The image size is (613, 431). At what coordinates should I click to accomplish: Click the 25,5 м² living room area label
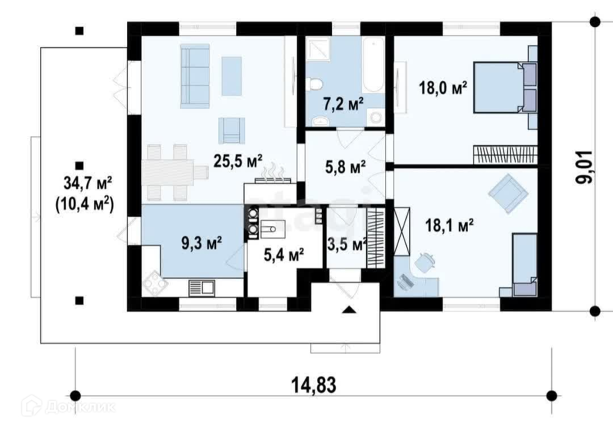(x=238, y=160)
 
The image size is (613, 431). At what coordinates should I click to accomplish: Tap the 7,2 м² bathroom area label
(x=343, y=104)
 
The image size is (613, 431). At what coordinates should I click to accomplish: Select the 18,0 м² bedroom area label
(x=443, y=87)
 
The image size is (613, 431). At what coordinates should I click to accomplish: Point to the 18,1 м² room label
(x=450, y=225)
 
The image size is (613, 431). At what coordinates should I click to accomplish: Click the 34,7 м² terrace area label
(x=88, y=183)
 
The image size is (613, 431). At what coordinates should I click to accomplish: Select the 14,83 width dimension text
(x=313, y=385)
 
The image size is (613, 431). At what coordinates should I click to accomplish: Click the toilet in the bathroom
(x=314, y=84)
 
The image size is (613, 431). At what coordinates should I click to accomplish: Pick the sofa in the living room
(x=195, y=76)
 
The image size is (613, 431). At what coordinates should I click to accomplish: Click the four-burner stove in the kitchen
(x=156, y=284)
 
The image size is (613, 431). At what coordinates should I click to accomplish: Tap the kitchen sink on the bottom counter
(x=201, y=288)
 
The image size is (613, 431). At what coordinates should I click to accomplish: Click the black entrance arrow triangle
(x=349, y=310)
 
